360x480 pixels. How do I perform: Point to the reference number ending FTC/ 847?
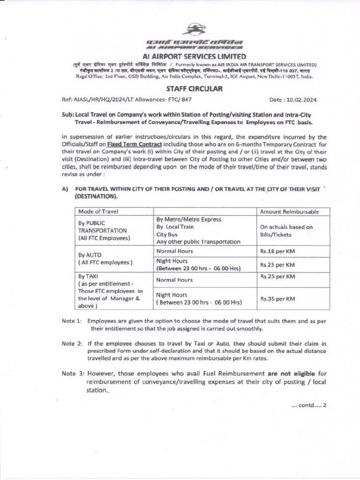coord(127,99)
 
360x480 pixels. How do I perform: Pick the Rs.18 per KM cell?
coord(277,251)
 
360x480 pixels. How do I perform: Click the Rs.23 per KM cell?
coord(277,265)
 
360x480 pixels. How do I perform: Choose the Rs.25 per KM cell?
coord(277,277)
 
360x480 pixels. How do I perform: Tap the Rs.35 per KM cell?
coord(277,299)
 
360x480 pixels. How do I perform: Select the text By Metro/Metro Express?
coord(188,219)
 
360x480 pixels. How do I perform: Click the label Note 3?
coord(73,374)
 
